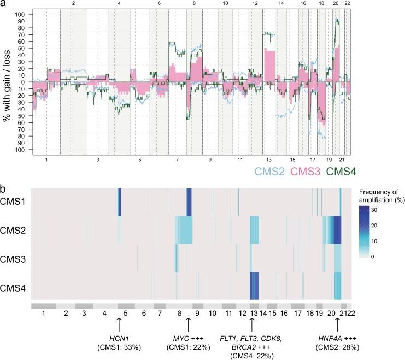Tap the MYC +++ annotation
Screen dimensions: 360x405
coord(188,337)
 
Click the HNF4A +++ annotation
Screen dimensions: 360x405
coord(337,337)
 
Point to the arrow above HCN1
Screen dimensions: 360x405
coord(119,324)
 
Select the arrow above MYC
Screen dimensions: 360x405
coord(188,324)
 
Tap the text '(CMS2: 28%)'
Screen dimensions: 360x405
coord(337,346)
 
